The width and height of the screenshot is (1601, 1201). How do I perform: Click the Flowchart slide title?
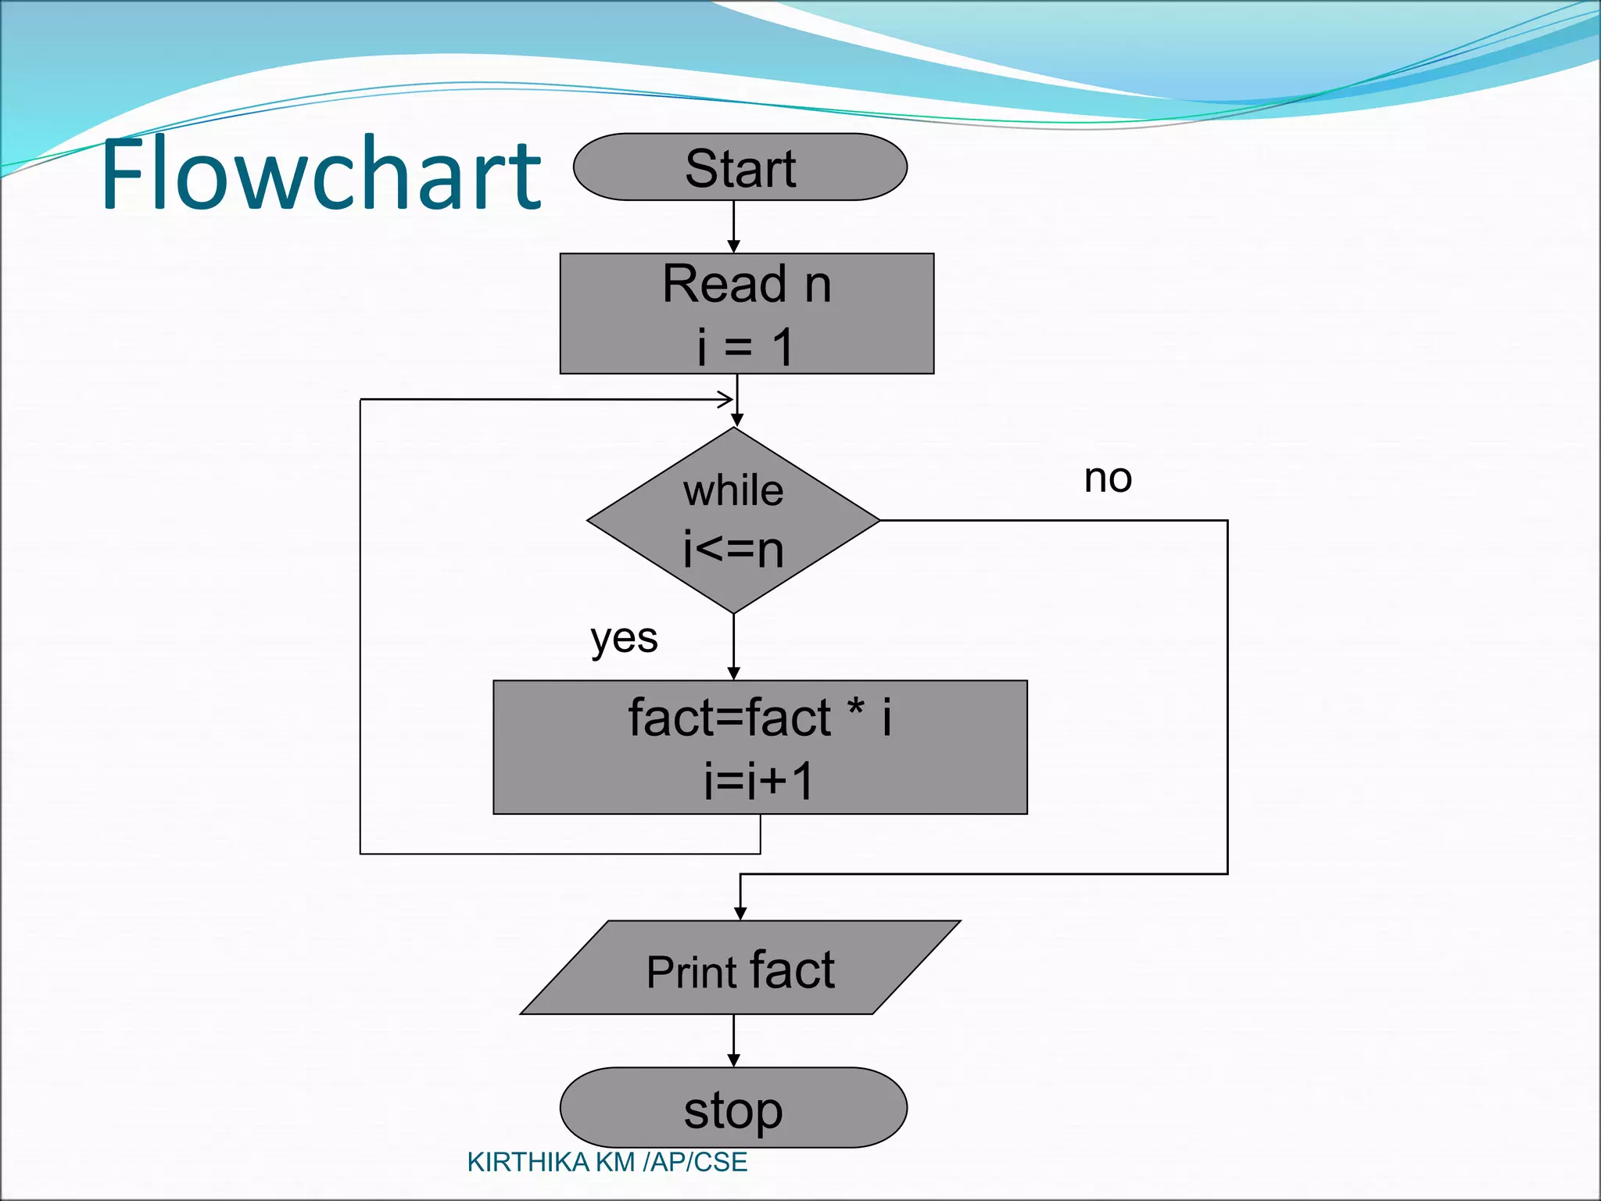tap(321, 174)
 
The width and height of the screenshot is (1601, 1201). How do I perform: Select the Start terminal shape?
tap(740, 167)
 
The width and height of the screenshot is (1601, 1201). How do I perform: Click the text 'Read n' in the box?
tap(747, 284)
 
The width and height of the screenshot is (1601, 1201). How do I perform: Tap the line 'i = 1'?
tap(745, 346)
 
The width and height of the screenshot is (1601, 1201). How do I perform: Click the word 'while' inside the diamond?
tap(733, 491)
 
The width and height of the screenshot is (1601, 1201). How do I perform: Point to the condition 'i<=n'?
tap(733, 549)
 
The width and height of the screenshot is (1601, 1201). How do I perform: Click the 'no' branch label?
tap(1108, 478)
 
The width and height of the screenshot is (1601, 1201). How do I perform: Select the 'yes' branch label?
tap(624, 639)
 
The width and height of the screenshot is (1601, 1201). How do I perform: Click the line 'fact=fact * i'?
tap(759, 718)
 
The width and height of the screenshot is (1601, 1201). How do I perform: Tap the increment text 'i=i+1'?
tap(759, 780)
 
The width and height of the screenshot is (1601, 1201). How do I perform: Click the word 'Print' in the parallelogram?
tap(692, 973)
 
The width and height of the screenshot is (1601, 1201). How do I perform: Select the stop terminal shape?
tap(733, 1108)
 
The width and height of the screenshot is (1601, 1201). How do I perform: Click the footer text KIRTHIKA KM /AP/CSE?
tap(607, 1163)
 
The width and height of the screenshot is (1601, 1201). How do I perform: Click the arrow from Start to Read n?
tap(733, 227)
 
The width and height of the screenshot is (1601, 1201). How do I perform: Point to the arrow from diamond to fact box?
tap(733, 647)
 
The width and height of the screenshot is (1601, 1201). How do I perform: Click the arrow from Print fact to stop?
tap(733, 1041)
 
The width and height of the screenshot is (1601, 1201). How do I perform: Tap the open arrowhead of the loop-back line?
tap(726, 400)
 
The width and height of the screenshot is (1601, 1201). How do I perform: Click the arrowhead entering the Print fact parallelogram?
tap(740, 913)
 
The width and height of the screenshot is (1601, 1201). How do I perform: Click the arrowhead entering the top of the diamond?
tap(736, 421)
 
